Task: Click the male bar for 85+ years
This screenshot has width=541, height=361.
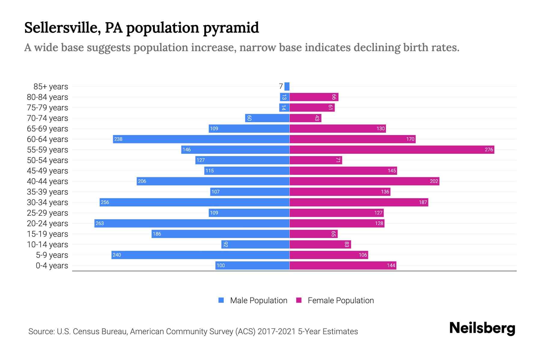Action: [x=287, y=86]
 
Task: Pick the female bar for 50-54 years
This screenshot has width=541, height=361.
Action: [x=316, y=160]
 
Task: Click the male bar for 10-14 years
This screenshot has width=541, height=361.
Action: [x=255, y=244]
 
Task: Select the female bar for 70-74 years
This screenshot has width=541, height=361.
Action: [x=305, y=118]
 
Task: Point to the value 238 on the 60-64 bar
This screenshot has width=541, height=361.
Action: [x=118, y=139]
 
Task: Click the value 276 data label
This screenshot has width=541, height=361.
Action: [x=489, y=150]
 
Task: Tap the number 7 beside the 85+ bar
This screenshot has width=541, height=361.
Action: [x=281, y=86]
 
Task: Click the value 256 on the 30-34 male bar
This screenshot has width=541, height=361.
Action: [x=105, y=202]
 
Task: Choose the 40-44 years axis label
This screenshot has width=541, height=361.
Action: [x=47, y=181]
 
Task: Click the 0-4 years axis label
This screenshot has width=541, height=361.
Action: [x=52, y=266]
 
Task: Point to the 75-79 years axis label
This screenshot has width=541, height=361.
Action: [x=47, y=108]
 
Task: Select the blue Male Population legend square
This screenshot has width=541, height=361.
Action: [x=221, y=300]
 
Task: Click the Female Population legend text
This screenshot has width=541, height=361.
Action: [x=341, y=301]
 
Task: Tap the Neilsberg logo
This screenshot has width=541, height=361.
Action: [x=482, y=328]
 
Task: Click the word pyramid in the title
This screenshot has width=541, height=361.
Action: [x=231, y=28]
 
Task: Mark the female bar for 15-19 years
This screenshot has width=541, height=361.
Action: [x=313, y=234]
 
